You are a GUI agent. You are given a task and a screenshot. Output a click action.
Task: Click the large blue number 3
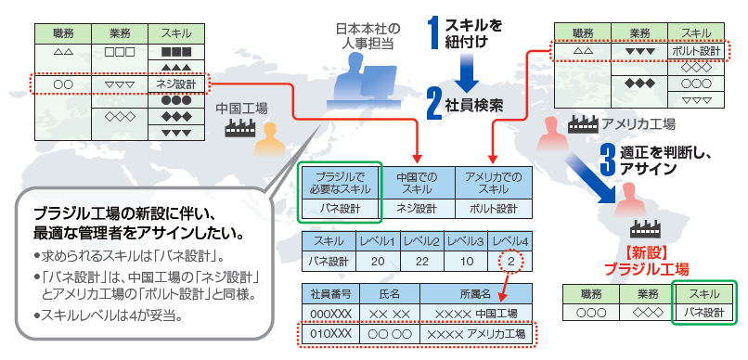[x=607, y=159]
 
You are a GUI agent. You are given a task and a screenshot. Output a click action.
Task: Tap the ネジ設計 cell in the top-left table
[x=176, y=84]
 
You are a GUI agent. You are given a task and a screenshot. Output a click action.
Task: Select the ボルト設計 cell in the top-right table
[x=696, y=50]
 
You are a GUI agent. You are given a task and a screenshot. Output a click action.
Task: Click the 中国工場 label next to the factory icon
[x=240, y=109]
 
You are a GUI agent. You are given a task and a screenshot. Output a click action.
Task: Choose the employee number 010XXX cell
[x=330, y=333]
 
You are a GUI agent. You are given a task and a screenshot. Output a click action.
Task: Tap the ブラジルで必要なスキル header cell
[x=341, y=182]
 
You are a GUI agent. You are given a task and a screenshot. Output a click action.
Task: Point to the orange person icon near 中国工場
[x=272, y=139]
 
